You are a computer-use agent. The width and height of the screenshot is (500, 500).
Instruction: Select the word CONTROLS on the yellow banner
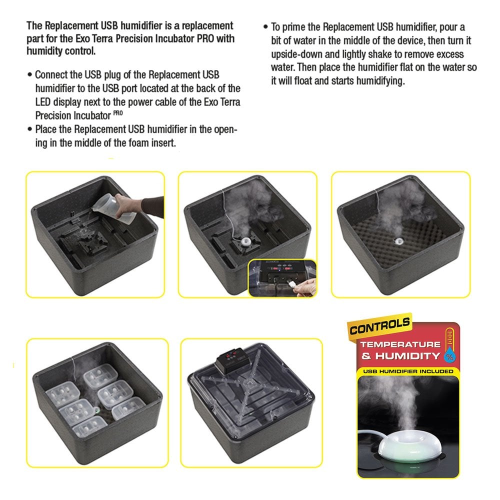click(380, 327)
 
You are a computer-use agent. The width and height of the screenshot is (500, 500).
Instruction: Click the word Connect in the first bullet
click(52, 74)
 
